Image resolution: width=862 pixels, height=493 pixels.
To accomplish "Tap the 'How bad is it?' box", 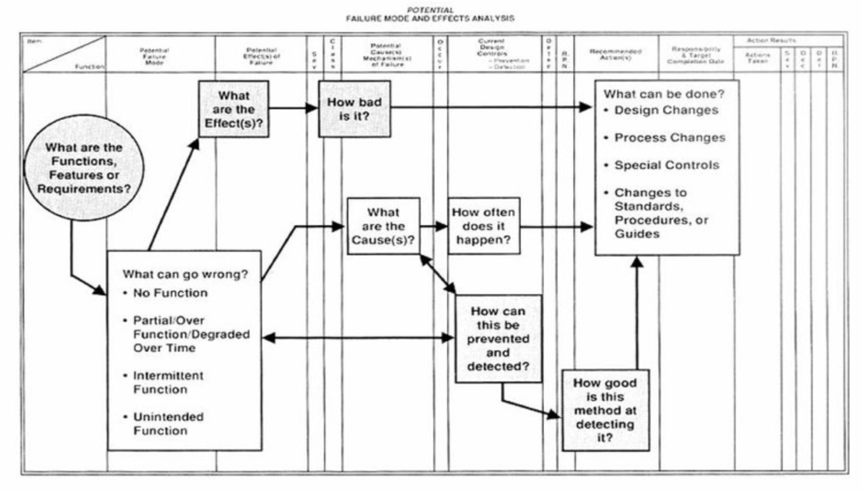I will [x=354, y=108].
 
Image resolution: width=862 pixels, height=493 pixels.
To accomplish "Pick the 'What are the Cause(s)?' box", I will [x=383, y=226].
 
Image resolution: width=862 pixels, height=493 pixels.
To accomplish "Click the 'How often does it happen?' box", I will [x=484, y=226].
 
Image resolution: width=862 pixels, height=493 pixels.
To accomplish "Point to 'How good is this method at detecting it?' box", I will [x=604, y=408].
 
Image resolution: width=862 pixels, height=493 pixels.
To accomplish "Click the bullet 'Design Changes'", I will [x=666, y=110].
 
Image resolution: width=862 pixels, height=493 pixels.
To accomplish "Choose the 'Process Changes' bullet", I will [x=669, y=137].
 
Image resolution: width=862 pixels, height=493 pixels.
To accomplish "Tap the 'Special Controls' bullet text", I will [x=666, y=165].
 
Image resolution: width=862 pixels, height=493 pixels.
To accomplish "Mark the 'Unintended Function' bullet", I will [x=168, y=424].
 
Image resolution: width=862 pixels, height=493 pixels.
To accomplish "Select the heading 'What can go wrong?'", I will [x=184, y=274].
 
